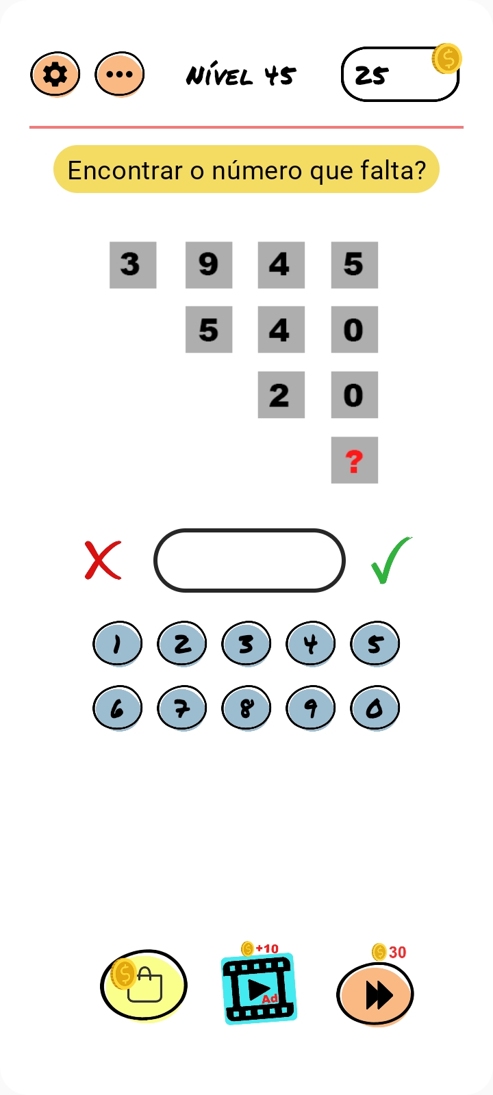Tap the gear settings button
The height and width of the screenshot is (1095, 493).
point(55,75)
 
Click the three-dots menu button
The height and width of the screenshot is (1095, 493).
point(119,75)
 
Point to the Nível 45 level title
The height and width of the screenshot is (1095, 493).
point(240,76)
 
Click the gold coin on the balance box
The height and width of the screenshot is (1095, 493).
point(446,59)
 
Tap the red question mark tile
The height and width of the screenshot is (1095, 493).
point(355,460)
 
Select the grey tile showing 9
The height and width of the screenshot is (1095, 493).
point(209,265)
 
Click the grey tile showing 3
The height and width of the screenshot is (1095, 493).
point(133,265)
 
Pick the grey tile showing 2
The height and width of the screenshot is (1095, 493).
point(281,394)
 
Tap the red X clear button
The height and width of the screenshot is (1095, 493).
point(103,561)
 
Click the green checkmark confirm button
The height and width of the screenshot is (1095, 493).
point(390,561)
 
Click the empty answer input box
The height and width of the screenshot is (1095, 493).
point(249,561)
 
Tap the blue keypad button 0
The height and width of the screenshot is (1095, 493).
point(375,708)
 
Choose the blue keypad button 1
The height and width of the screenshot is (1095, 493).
point(117,644)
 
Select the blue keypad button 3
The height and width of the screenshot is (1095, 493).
point(246,644)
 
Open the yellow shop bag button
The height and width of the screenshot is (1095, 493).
point(144,985)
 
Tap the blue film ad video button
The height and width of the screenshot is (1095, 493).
point(259,988)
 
